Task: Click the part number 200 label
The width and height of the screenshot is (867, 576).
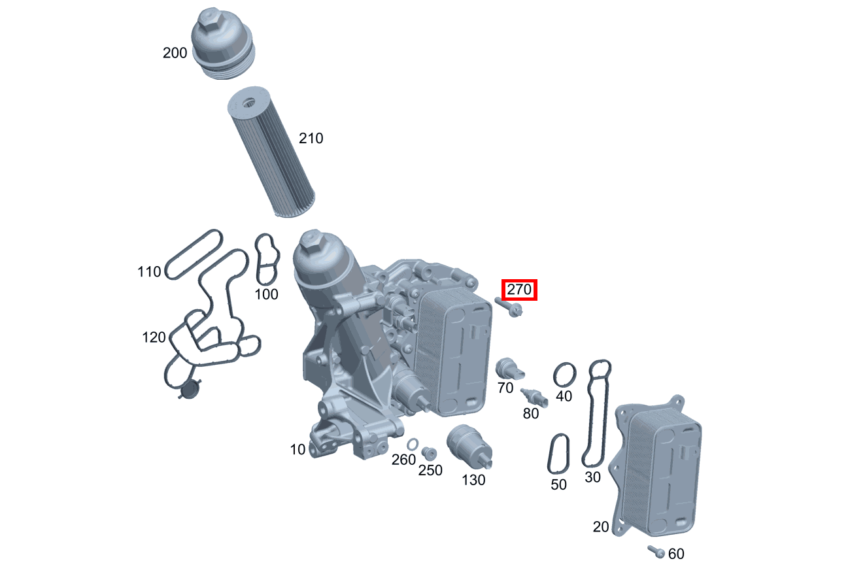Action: pyautogui.click(x=175, y=53)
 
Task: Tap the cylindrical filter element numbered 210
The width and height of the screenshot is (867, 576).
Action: pyautogui.click(x=271, y=154)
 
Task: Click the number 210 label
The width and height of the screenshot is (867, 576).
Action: pyautogui.click(x=311, y=139)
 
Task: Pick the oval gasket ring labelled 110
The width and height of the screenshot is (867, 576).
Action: pyautogui.click(x=194, y=254)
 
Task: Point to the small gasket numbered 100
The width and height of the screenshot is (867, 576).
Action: pyautogui.click(x=266, y=260)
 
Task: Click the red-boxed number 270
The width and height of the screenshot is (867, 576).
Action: pyautogui.click(x=519, y=290)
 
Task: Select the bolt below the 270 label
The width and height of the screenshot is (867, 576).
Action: pyautogui.click(x=509, y=306)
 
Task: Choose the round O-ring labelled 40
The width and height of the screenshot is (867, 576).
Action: pyautogui.click(x=565, y=375)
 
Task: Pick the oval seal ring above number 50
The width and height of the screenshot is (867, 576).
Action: pyautogui.click(x=558, y=454)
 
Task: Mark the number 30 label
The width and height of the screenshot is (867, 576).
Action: pyautogui.click(x=592, y=477)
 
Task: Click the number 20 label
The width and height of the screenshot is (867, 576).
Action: pyautogui.click(x=601, y=526)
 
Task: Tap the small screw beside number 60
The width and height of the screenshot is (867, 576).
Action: pyautogui.click(x=656, y=551)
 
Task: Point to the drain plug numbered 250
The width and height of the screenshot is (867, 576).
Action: pyautogui.click(x=429, y=454)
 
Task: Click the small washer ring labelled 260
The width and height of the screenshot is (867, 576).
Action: pyautogui.click(x=413, y=445)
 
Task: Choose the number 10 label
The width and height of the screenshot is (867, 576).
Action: pyautogui.click(x=297, y=450)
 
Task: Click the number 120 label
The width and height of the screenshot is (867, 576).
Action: pyautogui.click(x=154, y=337)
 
